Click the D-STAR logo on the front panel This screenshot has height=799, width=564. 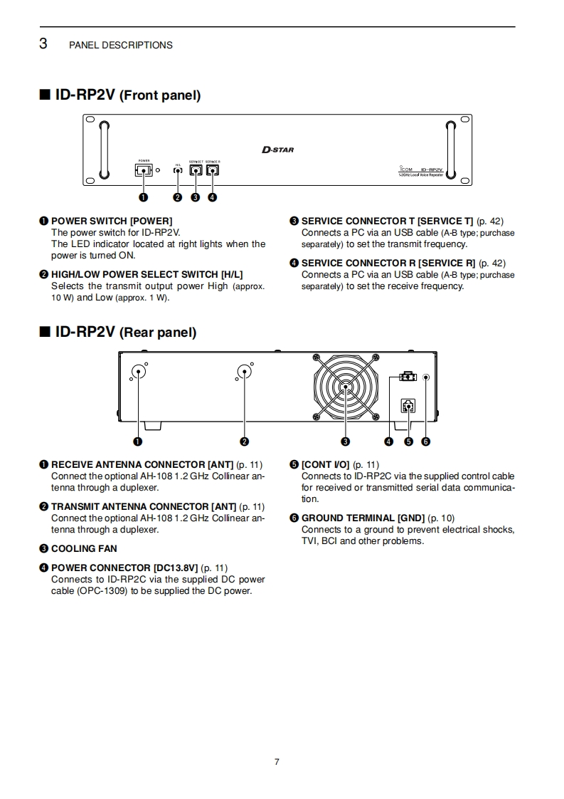click(277, 150)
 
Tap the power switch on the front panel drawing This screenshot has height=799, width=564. click(143, 170)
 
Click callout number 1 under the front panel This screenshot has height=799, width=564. click(144, 197)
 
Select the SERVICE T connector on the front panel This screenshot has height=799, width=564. click(196, 170)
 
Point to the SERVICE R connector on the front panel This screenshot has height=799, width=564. click(212, 170)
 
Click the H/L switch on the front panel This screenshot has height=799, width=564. click(178, 171)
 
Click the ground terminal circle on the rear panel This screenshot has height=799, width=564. click(425, 377)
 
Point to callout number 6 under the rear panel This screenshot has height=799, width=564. click(425, 442)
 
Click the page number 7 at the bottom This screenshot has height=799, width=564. click(277, 762)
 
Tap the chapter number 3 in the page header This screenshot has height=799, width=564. click(43, 44)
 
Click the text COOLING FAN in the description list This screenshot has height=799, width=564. click(84, 548)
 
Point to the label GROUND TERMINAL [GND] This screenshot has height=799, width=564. click(363, 518)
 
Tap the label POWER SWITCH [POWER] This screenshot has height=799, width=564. click(112, 221)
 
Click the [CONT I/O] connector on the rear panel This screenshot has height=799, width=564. click(408, 406)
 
